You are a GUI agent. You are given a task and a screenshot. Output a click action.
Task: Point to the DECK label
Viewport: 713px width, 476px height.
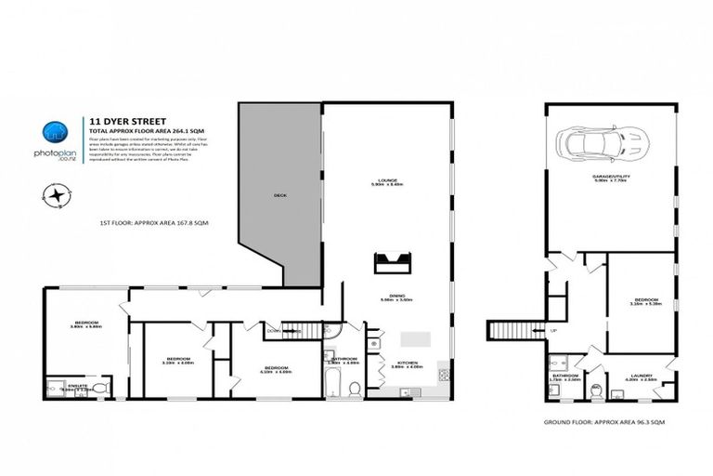[279, 195]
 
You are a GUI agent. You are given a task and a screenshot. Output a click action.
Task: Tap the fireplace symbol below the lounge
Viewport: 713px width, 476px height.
[392, 263]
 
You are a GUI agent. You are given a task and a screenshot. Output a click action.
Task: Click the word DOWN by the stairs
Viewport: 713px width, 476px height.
[272, 330]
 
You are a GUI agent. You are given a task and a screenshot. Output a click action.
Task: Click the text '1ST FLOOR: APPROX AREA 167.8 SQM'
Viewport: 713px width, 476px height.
[154, 224]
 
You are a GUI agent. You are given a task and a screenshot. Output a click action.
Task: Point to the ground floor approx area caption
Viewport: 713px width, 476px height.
[604, 421]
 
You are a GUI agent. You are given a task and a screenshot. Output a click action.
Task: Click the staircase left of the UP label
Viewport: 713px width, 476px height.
[513, 329]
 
